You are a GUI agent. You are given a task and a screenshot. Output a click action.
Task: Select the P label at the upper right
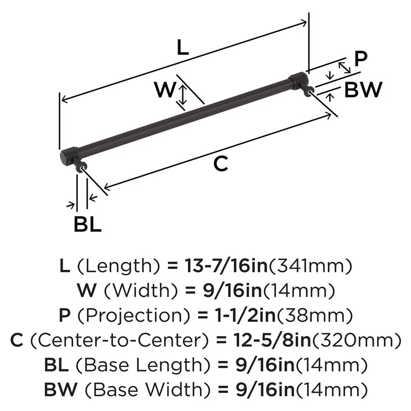pos(360,59)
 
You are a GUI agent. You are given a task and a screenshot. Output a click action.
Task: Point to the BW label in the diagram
pos(363,90)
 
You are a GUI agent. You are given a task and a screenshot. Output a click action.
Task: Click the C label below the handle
pos(221,164)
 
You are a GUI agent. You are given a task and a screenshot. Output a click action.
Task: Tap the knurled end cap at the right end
pos(296,80)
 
